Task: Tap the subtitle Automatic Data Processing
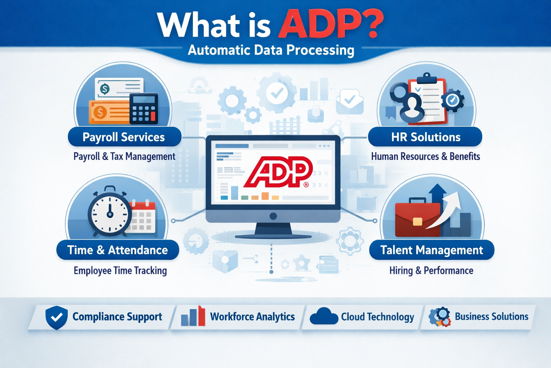tap(271, 51)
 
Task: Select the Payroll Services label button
tap(124, 137)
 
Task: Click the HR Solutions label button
tap(425, 137)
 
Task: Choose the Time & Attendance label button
tap(118, 250)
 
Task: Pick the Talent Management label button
tap(432, 250)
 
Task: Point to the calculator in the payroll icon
tap(143, 109)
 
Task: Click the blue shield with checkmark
tap(57, 317)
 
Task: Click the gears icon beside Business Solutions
tap(440, 317)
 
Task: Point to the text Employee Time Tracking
tap(120, 271)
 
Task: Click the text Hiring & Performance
tap(431, 271)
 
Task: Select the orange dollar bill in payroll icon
tap(110, 112)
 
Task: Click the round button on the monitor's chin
tap(273, 216)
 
